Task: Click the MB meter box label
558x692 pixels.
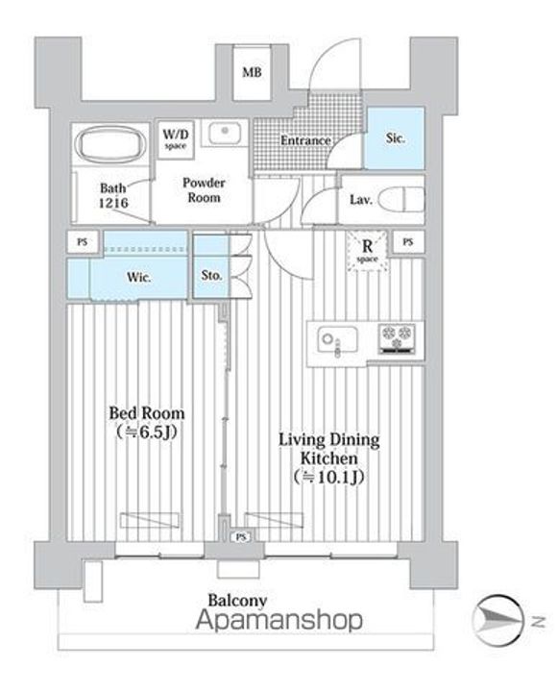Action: coord(252,72)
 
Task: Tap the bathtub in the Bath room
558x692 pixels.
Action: coord(110,144)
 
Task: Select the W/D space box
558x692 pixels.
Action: coord(176,139)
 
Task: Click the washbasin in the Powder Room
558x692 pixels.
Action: coord(225,134)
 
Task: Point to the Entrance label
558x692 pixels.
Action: coord(305,140)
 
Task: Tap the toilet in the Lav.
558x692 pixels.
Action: coord(400,200)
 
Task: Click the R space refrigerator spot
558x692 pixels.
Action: coord(368,251)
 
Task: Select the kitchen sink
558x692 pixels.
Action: coord(337,340)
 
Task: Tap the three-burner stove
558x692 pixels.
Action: coord(397,339)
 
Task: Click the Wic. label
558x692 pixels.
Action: coord(139,277)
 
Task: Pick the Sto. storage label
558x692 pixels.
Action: coord(211,276)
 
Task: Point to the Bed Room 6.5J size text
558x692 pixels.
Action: coord(147,432)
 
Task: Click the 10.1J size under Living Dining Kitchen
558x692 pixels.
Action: coord(328,477)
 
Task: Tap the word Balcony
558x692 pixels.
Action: coord(237,600)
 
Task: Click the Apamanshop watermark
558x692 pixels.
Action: coord(279,620)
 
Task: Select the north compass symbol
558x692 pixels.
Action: coord(498,621)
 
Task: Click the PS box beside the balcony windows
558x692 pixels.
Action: coord(241,536)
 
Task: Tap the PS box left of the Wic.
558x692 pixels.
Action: coord(82,242)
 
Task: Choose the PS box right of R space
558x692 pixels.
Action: coord(408,242)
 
